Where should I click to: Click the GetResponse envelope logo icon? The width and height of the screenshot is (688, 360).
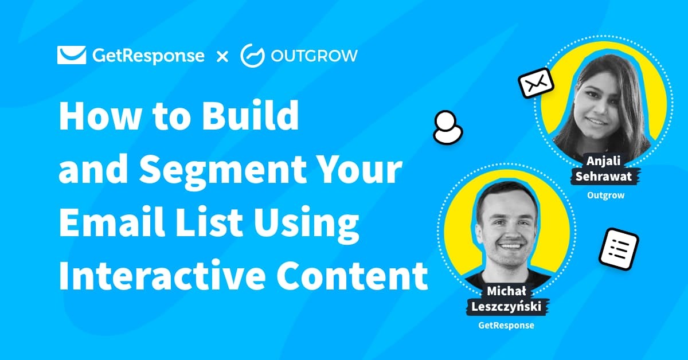point(71,55)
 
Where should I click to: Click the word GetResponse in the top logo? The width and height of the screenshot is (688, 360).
point(147,56)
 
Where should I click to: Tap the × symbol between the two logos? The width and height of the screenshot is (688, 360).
point(222,56)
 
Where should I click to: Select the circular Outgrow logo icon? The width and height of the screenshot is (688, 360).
point(252,55)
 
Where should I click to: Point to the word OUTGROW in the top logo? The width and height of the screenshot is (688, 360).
point(314,56)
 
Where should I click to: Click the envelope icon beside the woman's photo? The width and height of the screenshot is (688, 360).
point(536,85)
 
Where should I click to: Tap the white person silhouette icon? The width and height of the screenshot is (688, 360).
point(447,127)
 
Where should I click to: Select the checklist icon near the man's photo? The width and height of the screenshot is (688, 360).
point(619,249)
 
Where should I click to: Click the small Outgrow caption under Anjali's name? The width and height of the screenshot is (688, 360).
point(605,195)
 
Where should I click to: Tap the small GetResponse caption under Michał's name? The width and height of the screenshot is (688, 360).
point(506,325)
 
